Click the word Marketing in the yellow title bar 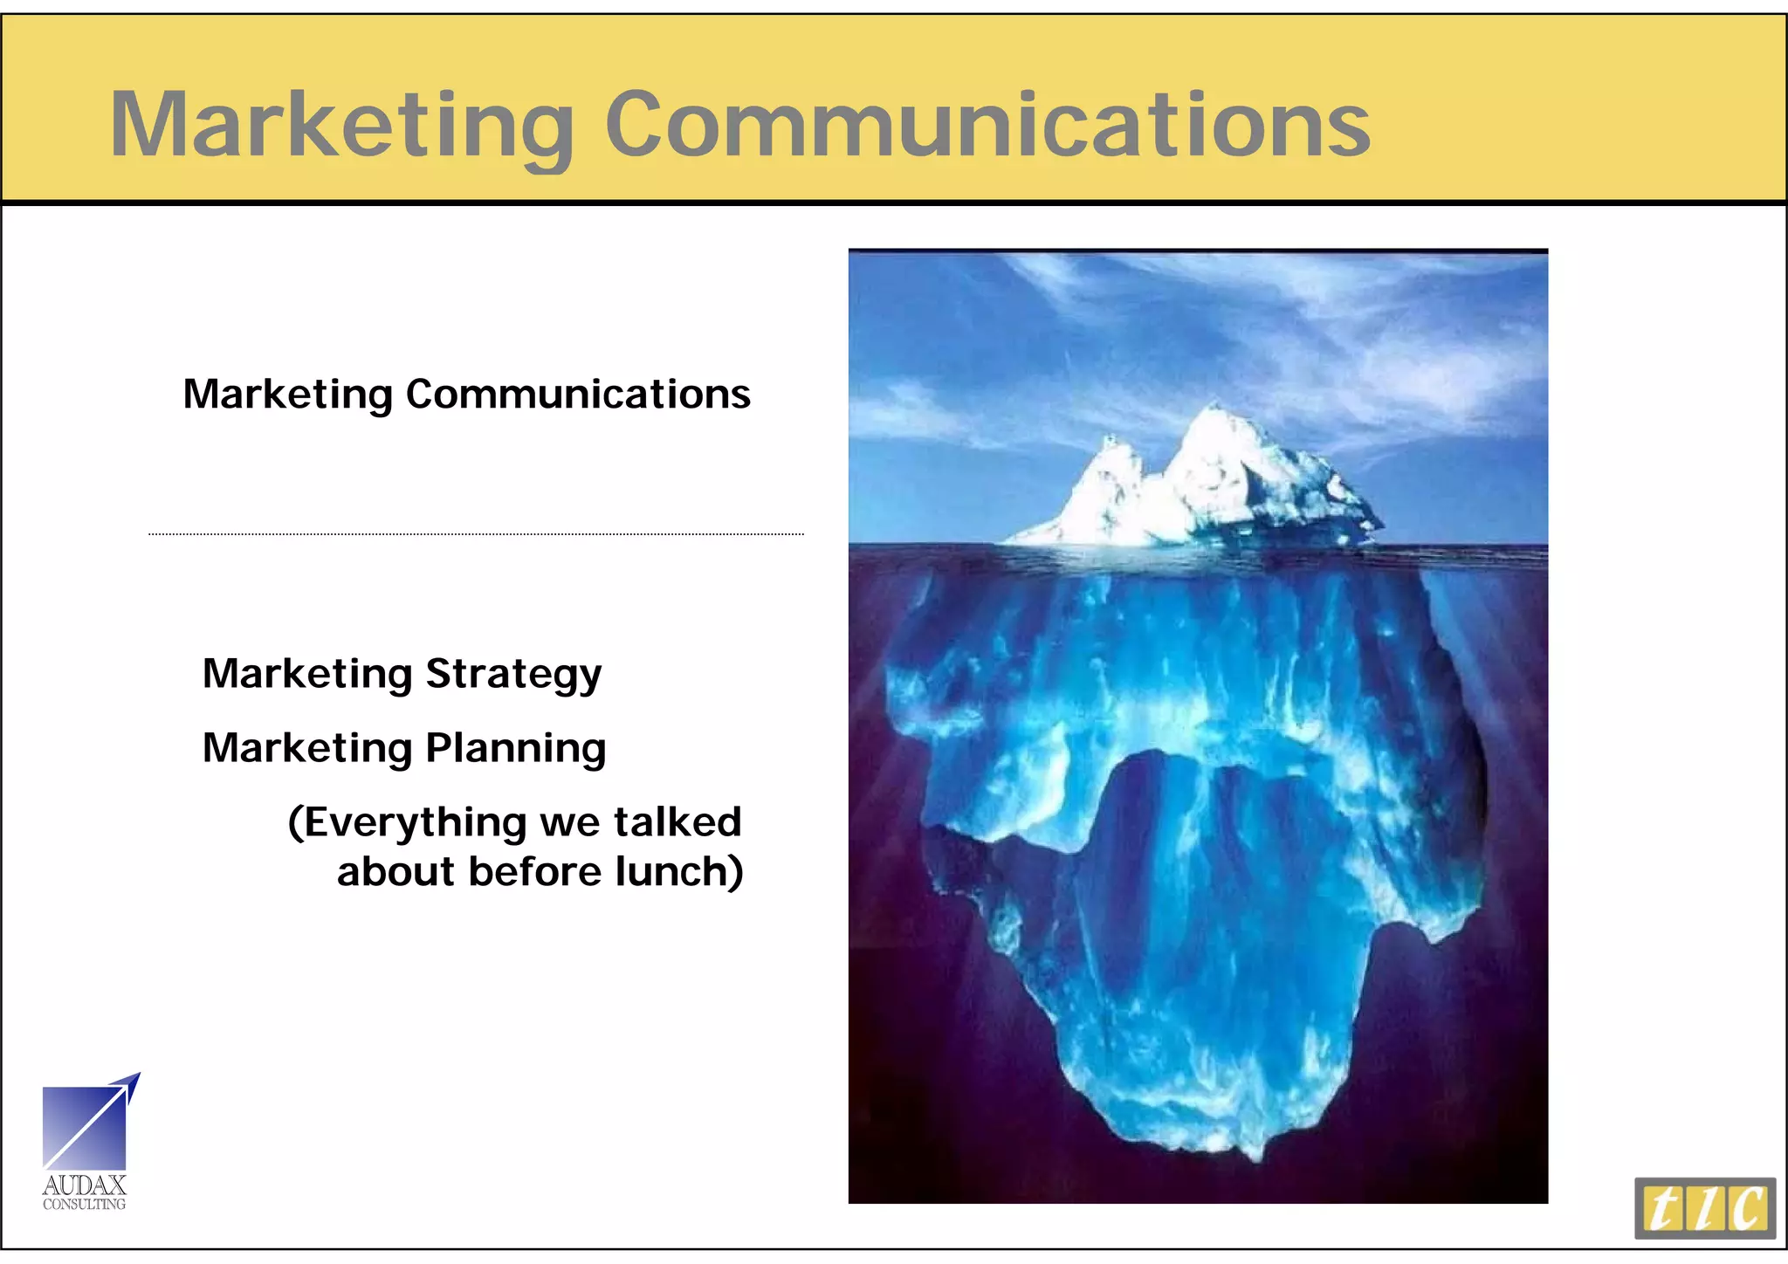pos(340,127)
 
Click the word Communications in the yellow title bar pos(987,127)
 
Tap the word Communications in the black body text pos(578,395)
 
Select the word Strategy pos(513,675)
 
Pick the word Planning pos(515,748)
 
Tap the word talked pos(677,822)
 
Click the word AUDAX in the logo pos(85,1185)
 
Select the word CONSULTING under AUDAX pos(85,1205)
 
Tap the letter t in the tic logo pos(1663,1209)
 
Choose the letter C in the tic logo pos(1749,1209)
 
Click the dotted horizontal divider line pos(476,533)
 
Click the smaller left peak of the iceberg pos(1111,441)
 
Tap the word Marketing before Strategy pos(307,675)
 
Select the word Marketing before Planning pos(307,748)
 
